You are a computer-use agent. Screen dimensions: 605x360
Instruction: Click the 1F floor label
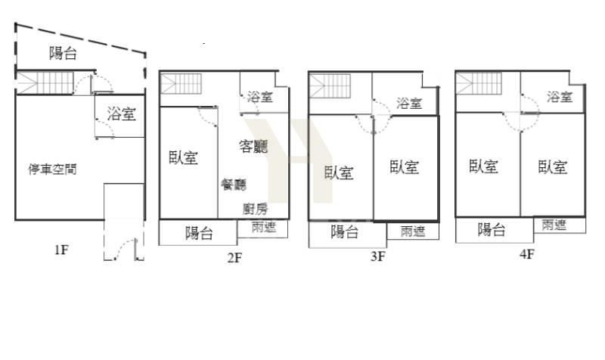click(x=61, y=250)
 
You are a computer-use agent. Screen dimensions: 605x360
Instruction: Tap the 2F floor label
click(x=234, y=257)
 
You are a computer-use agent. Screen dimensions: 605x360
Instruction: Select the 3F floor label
click(x=377, y=256)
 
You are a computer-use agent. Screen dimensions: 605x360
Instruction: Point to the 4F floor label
click(x=527, y=254)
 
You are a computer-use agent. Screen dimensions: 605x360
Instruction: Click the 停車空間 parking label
click(x=52, y=169)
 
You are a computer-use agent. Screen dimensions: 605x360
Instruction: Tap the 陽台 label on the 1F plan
click(x=63, y=53)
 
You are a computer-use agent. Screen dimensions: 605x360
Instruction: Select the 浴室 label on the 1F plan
click(x=122, y=114)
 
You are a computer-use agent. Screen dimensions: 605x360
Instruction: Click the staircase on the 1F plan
click(x=45, y=83)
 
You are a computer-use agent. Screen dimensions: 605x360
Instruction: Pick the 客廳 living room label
click(x=253, y=146)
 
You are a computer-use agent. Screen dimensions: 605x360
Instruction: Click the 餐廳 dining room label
click(x=234, y=185)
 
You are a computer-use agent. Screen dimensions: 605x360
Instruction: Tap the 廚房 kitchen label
click(x=255, y=209)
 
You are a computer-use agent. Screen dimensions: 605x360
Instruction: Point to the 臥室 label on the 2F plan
click(x=183, y=157)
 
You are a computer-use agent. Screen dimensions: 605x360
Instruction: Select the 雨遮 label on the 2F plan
click(x=264, y=227)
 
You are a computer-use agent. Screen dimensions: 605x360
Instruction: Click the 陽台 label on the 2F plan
click(x=199, y=233)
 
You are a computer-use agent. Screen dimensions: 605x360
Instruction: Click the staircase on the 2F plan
click(x=181, y=84)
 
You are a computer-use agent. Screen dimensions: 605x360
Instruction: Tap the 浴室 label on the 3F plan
click(x=409, y=103)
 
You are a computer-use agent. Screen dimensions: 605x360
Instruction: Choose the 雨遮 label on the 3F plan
click(x=412, y=231)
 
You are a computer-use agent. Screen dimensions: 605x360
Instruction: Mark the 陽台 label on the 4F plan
click(x=492, y=230)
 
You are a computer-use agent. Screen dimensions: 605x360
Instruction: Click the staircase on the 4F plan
click(x=479, y=84)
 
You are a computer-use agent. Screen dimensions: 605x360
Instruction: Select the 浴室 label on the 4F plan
click(x=560, y=97)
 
